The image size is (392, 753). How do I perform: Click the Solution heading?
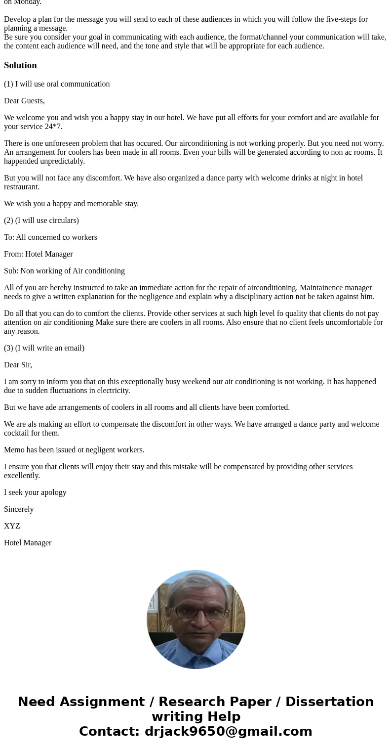[20, 65]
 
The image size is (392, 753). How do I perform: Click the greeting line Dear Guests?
[24, 101]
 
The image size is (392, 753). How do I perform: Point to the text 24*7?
[52, 127]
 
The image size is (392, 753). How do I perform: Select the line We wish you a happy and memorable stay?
[71, 204]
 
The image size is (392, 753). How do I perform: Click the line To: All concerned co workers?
[50, 237]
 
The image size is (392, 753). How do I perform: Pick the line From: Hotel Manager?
[38, 254]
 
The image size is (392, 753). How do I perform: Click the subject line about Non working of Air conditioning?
[64, 271]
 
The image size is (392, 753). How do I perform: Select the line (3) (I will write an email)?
[44, 348]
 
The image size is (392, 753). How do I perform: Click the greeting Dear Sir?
[18, 365]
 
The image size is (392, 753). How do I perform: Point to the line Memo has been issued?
[74, 450]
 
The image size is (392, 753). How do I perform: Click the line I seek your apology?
[35, 492]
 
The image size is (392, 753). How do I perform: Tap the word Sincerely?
[19, 509]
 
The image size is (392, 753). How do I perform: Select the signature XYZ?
[12, 526]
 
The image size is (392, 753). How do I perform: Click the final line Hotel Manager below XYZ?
[28, 543]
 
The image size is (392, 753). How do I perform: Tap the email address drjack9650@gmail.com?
[228, 732]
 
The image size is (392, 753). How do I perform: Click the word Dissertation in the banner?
[329, 702]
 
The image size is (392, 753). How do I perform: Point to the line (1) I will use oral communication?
[57, 84]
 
